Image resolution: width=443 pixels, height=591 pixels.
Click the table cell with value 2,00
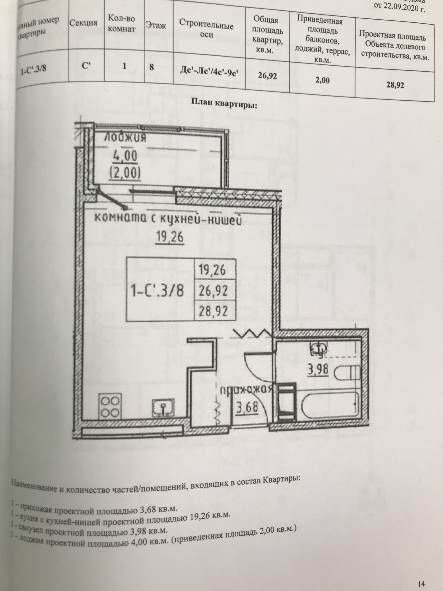click(322, 80)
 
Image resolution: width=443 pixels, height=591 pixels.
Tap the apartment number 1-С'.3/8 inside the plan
click(158, 291)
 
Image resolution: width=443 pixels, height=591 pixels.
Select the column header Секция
click(83, 23)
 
